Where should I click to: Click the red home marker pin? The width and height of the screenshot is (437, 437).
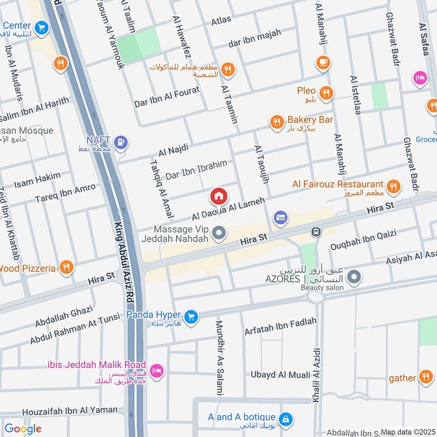coord(218,196)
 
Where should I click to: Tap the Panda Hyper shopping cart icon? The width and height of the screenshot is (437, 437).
coord(191,316)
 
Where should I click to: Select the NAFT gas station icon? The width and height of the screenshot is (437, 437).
coord(121,144)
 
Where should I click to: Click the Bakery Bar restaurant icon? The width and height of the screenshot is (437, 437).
coord(277,122)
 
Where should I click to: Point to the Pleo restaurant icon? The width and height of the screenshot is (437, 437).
coord(327,93)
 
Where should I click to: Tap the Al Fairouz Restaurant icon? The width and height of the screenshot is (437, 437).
coord(393,187)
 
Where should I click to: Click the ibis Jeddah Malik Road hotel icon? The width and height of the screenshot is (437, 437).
coord(157,370)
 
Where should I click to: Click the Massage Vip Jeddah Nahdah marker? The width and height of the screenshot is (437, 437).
coord(220,234)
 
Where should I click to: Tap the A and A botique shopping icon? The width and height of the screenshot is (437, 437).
coord(286,420)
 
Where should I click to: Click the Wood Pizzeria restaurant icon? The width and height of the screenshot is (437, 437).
coord(66,267)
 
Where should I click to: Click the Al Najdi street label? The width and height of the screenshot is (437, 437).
coord(173,148)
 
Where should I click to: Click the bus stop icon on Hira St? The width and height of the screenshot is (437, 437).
coord(316,232)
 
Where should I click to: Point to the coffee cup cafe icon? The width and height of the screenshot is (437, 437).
coord(323,62)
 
